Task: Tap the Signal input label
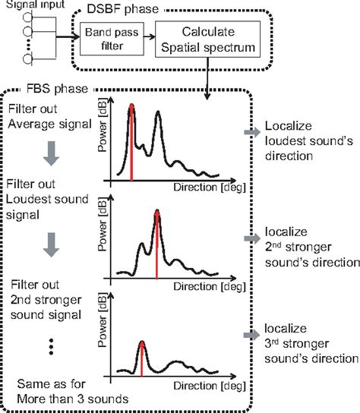pyautogui.click(x=33, y=6)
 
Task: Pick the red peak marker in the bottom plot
pyautogui.click(x=142, y=357)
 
